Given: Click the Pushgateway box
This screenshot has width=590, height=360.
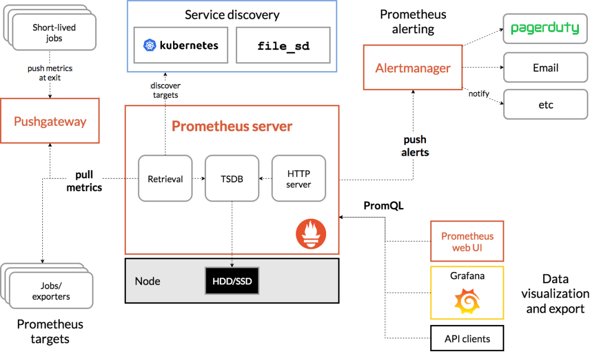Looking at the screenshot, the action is coord(50,121).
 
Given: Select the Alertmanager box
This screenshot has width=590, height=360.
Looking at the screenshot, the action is coord(413,67).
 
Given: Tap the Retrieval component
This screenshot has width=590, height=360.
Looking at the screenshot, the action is coord(165,178).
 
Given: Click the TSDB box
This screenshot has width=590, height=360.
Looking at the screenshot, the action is coord(232,178).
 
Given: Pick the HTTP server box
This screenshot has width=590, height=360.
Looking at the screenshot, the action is coord(299,178).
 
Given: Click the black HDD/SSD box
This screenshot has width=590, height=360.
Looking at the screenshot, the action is coord(232,280).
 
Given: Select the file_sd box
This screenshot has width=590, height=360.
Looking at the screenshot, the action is coord(283,45).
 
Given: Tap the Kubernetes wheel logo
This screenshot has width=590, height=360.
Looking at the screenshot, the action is coord(150,45).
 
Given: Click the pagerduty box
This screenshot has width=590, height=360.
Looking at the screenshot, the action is coord(545,28).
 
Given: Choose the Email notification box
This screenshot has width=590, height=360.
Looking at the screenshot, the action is coord(545,67).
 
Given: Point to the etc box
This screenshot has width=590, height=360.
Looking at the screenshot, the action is coord(545,104).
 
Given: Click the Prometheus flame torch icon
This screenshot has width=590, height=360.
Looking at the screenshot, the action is coord(311,234).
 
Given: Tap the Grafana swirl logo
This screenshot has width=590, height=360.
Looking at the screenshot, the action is coord(467,302).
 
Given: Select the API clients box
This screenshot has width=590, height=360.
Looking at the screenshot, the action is coord(467,338).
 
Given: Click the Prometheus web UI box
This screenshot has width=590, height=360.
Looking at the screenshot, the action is coord(467,241).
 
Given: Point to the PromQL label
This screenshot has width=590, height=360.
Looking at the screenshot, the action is coord(383,206).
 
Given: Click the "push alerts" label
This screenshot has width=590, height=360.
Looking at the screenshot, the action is coord(415,146).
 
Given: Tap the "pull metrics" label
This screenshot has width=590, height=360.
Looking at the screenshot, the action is coord(84,181).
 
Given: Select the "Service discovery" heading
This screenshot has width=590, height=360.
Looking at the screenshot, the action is coord(232,14).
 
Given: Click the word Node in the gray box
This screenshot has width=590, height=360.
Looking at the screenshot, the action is coord(147,281).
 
